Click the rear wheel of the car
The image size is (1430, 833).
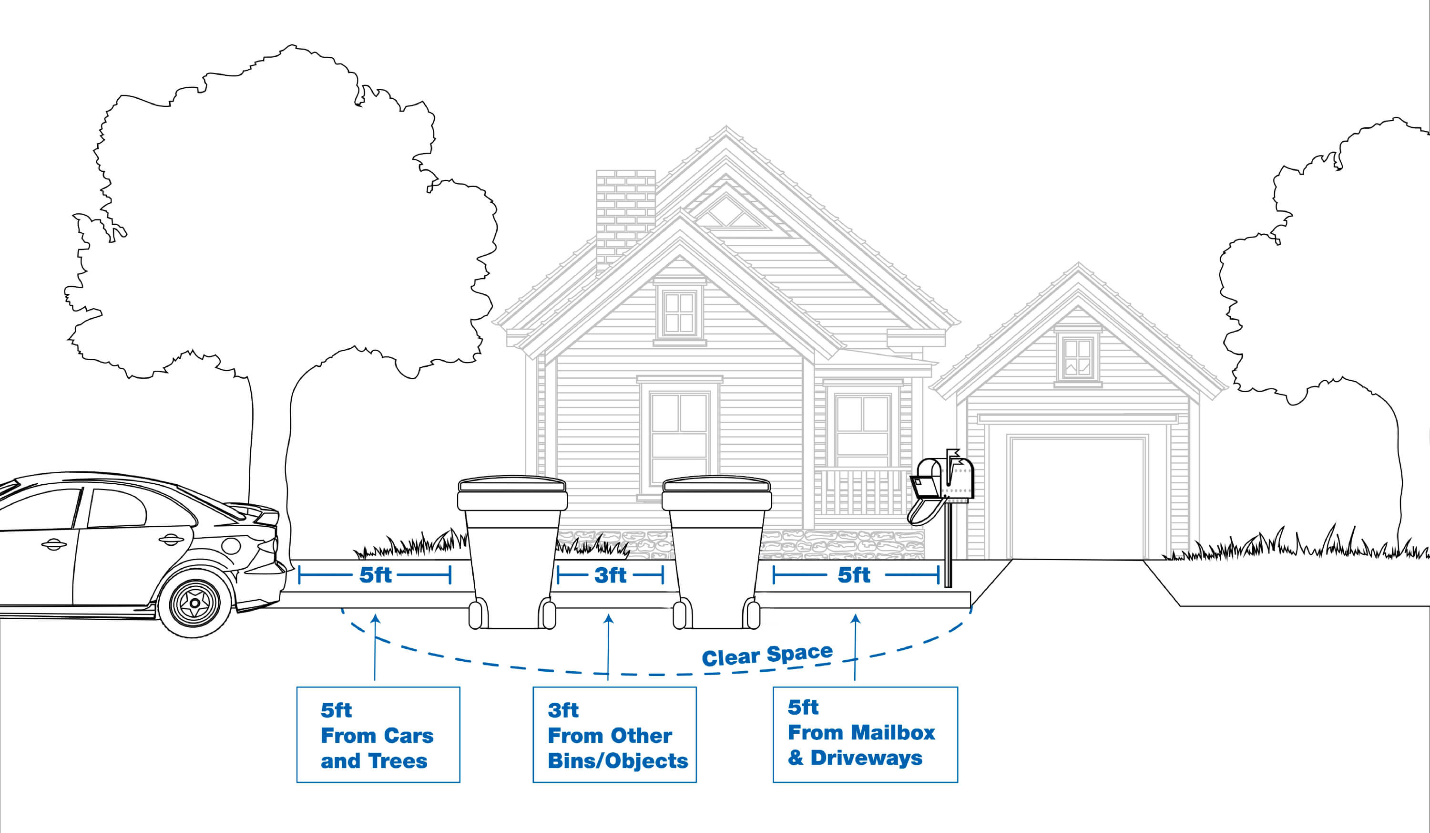(194, 603)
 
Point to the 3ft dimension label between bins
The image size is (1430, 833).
(610, 575)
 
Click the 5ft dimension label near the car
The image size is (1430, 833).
(375, 575)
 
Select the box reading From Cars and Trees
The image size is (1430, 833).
(378, 735)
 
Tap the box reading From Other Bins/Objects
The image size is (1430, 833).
(614, 735)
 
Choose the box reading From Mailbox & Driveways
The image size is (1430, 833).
(865, 734)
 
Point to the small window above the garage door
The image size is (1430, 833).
(1078, 358)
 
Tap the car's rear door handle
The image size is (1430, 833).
(170, 540)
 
